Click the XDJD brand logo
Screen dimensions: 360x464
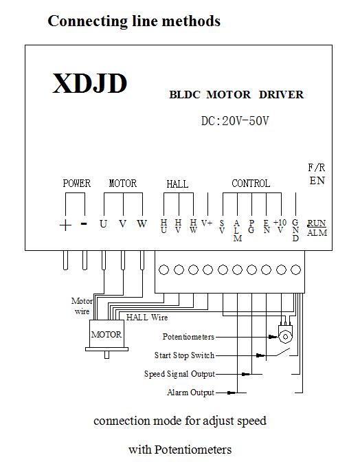click(x=90, y=83)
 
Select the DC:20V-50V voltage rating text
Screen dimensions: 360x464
click(x=235, y=121)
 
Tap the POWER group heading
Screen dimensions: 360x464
click(x=77, y=183)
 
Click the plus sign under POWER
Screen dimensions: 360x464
click(x=65, y=225)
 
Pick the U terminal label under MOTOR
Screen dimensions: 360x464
click(x=103, y=223)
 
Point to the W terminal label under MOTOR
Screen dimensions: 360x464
click(x=142, y=223)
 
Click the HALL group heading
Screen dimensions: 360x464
click(x=177, y=184)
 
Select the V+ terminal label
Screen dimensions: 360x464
click(x=207, y=223)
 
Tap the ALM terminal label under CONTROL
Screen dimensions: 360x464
click(x=237, y=230)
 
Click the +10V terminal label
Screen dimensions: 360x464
click(x=280, y=226)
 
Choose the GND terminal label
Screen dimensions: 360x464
click(x=295, y=230)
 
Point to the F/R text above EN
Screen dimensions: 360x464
click(x=317, y=168)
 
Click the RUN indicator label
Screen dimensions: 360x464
click(x=317, y=223)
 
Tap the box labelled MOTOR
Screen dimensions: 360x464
click(x=106, y=334)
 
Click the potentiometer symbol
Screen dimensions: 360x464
click(x=285, y=334)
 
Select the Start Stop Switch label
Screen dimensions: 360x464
click(x=184, y=355)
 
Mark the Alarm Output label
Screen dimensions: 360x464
click(x=190, y=393)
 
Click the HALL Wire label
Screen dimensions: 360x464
click(x=147, y=318)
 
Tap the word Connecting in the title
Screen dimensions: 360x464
click(x=88, y=22)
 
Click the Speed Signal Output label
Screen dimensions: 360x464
click(x=179, y=374)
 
